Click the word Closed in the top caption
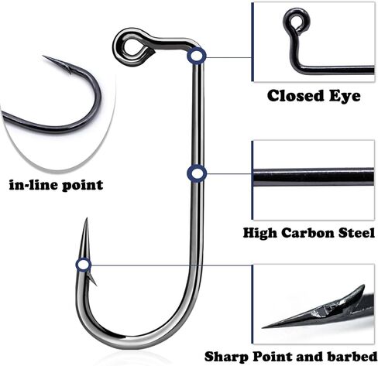295,96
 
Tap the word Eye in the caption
345,96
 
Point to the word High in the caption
260,233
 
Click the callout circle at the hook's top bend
197,56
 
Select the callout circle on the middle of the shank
197,173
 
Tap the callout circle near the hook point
84,265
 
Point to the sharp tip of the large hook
87,218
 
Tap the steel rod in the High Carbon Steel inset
314,177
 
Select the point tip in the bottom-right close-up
263,327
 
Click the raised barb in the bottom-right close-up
354,292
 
